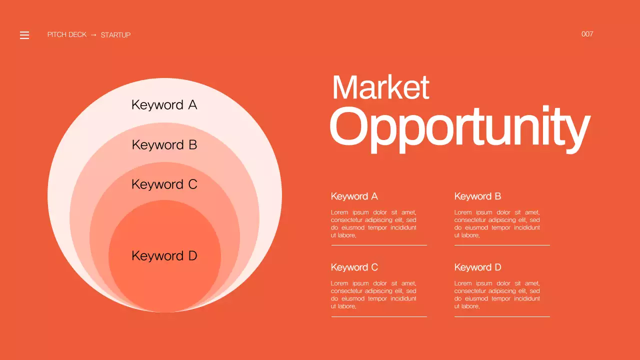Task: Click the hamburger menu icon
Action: pyautogui.click(x=24, y=35)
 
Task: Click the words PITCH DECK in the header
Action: pyautogui.click(x=67, y=35)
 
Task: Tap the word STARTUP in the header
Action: pyautogui.click(x=115, y=35)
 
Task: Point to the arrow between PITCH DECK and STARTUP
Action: pyautogui.click(x=93, y=35)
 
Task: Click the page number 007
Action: pyautogui.click(x=587, y=34)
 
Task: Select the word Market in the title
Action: pyautogui.click(x=380, y=87)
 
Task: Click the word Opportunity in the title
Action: pyautogui.click(x=459, y=127)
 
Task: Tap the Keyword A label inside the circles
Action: pyautogui.click(x=164, y=105)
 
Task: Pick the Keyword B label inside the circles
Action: pyautogui.click(x=164, y=145)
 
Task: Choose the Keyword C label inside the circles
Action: pyautogui.click(x=164, y=184)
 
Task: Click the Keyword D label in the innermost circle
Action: pyautogui.click(x=164, y=256)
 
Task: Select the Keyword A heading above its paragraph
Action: pyautogui.click(x=354, y=196)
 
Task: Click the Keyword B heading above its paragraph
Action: pyautogui.click(x=477, y=196)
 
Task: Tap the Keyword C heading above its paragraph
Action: pyautogui.click(x=354, y=267)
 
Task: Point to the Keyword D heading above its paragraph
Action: pyautogui.click(x=477, y=267)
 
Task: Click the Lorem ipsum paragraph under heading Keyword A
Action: pyautogui.click(x=373, y=223)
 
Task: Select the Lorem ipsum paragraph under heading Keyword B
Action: pyautogui.click(x=497, y=223)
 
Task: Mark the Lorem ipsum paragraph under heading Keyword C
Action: pyautogui.click(x=373, y=294)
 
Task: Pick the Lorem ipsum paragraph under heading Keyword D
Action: pyautogui.click(x=497, y=294)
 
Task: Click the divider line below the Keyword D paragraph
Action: pyautogui.click(x=502, y=316)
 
